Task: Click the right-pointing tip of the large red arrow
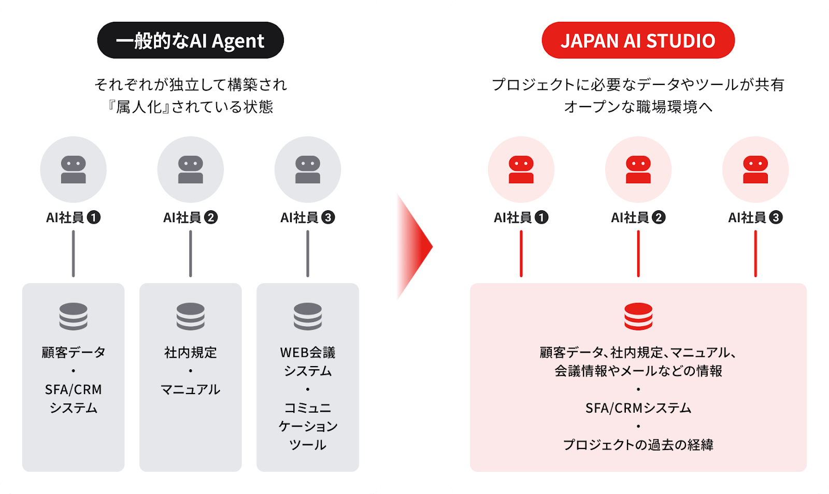coord(433,246)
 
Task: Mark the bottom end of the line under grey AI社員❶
coord(73,276)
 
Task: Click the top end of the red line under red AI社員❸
coord(755,231)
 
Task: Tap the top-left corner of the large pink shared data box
coord(470,284)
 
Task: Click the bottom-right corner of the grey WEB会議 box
coord(359,471)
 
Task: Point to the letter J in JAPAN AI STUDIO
coord(565,41)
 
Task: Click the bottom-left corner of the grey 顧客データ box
coord(23,471)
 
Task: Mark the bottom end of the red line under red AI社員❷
coord(638,276)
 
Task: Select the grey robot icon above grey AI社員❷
coord(191,170)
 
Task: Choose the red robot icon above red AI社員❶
coord(521,170)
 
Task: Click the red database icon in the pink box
coord(638,316)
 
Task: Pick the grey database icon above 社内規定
coord(191,316)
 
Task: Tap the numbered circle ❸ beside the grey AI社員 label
coord(328,217)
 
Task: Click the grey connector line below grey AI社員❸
coord(308,254)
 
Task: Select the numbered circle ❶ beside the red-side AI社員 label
coord(541,217)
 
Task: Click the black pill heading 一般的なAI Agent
coord(191,40)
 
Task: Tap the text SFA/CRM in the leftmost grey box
coord(73,390)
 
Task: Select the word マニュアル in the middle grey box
coord(191,390)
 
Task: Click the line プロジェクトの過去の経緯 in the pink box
coord(638,445)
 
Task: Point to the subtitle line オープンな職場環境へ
coord(638,107)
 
